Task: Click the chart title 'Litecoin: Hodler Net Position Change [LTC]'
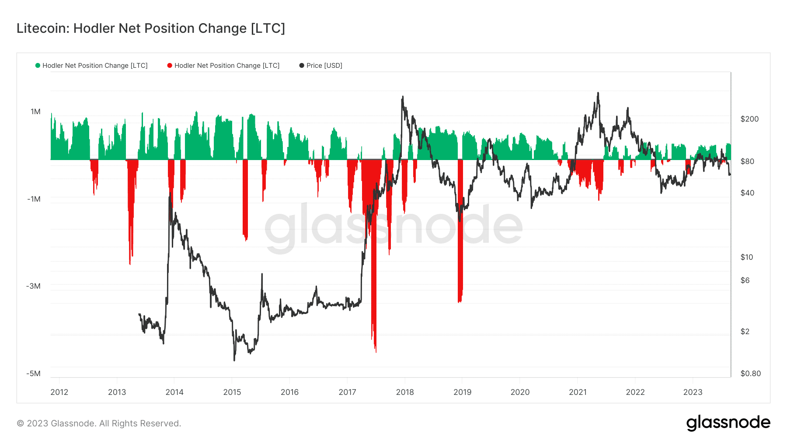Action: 151,28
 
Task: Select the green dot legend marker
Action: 38,66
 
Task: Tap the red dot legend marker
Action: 170,66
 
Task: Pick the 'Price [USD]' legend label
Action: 324,66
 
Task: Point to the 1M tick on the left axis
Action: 35,112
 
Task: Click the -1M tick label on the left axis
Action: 34,199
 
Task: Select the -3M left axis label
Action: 33,286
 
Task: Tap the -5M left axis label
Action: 33,373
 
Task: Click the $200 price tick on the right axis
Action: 749,119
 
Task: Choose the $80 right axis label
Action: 747,161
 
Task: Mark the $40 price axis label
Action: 747,193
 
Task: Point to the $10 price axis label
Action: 747,257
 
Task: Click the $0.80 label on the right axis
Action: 750,373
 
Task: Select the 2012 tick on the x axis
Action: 59,392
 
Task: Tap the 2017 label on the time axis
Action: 347,392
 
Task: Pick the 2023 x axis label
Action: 693,392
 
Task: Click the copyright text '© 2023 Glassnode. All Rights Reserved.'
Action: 99,423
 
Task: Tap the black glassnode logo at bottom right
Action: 728,423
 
